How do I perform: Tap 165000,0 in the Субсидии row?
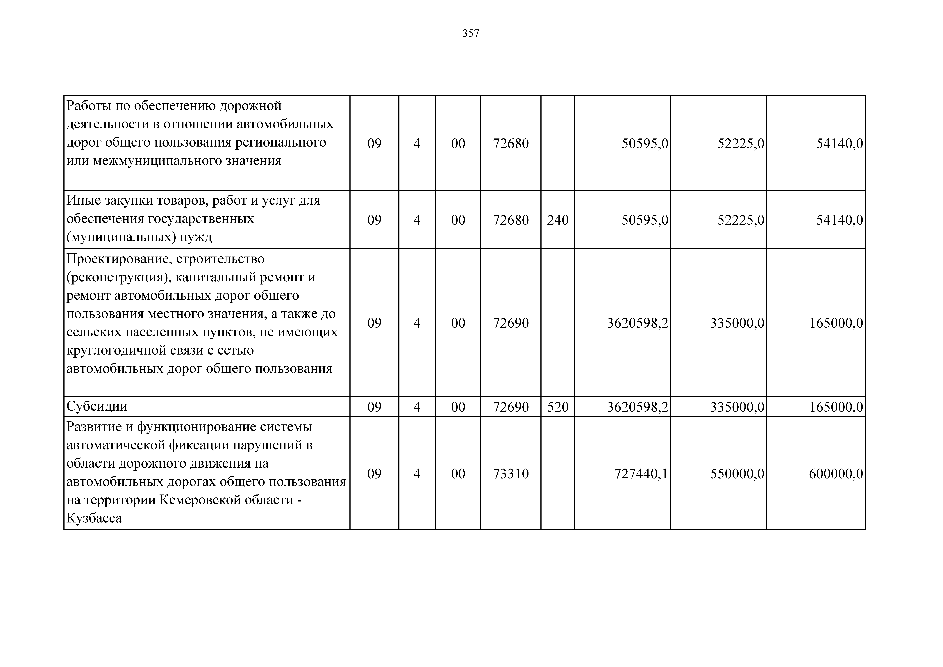(836, 407)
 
